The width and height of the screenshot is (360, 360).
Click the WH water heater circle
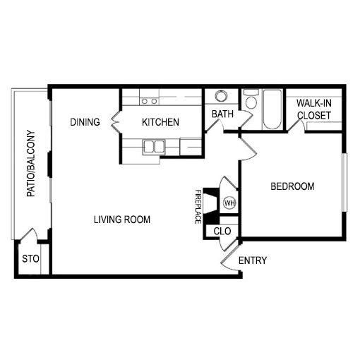229,203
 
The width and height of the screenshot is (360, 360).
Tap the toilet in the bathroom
251,99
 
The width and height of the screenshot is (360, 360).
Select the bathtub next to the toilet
272,109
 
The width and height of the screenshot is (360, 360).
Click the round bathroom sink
221,96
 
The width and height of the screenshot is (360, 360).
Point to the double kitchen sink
154,147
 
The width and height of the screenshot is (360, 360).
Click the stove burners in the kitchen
149,101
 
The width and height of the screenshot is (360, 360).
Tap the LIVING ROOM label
122,220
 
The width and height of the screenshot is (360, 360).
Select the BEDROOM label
292,186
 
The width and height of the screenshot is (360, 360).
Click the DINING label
85,122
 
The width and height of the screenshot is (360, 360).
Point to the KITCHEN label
160,122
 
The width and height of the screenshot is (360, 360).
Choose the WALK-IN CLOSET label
314,109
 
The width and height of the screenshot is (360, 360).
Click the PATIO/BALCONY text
31,163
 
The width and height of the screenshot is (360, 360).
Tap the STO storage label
30,259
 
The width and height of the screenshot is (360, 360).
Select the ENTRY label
253,260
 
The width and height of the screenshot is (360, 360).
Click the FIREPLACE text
198,207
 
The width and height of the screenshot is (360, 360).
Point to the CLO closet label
222,232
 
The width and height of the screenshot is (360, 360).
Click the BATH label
222,114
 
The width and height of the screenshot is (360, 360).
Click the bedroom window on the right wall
344,183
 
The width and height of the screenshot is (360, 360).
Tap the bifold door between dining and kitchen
115,122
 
